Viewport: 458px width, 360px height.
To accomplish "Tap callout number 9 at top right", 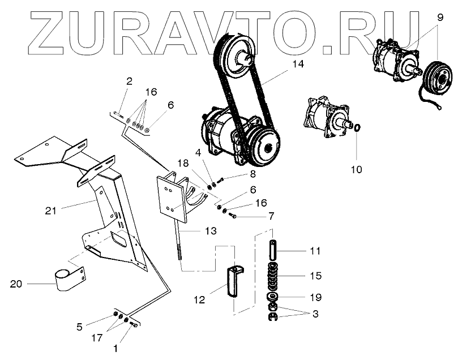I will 439,17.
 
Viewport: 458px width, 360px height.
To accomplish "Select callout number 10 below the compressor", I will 357,169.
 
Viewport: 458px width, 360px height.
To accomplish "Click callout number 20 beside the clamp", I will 18,284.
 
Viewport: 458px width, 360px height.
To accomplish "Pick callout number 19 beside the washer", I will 315,296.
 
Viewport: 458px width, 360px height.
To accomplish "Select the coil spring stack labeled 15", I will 273,275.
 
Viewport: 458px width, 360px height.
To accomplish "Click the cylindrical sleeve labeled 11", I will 273,249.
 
